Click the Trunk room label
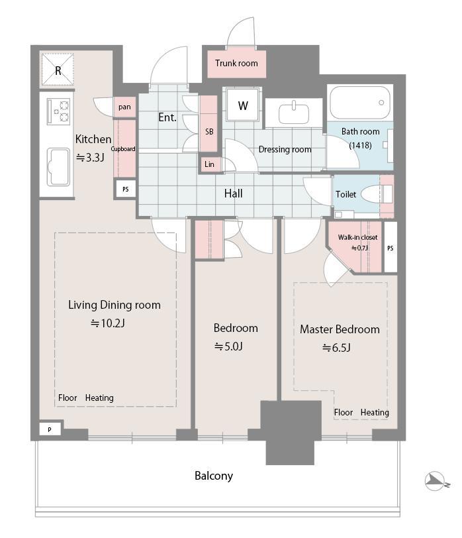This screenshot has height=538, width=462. (236, 64)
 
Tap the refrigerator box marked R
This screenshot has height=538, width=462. (58, 70)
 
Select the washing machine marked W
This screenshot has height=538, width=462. (243, 106)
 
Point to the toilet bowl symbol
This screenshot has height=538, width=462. (386, 194)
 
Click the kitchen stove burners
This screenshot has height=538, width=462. (58, 111)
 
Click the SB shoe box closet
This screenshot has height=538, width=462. (208, 132)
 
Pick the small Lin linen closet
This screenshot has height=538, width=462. (209, 164)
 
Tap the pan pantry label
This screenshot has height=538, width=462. (124, 107)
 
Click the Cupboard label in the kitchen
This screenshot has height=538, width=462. (123, 149)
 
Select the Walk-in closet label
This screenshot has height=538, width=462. (357, 237)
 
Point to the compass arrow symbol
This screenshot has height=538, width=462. (434, 481)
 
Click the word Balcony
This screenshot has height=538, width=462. (213, 476)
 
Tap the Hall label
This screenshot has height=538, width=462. (233, 193)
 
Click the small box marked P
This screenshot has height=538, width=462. (49, 430)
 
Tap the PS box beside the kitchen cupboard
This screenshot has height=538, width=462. (125, 189)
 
